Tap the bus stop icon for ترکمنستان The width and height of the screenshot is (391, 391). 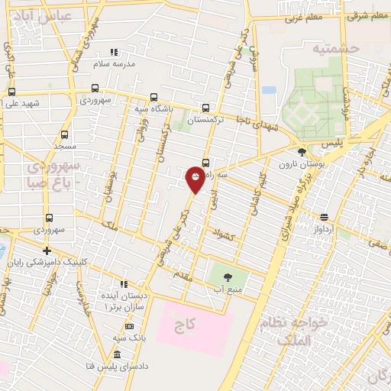[205, 108]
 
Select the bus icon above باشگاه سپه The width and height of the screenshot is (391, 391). [154, 97]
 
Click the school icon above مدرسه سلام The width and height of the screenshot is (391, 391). [114, 52]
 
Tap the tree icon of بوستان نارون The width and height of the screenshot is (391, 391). [302, 152]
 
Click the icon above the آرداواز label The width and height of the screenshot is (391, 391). [324, 216]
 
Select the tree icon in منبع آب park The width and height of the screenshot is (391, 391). [228, 276]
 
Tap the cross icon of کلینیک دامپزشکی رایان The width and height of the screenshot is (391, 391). [47, 250]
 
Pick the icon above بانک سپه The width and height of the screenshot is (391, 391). [129, 326]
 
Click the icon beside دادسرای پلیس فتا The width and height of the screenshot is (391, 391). [117, 355]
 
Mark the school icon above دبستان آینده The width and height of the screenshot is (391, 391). [124, 284]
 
